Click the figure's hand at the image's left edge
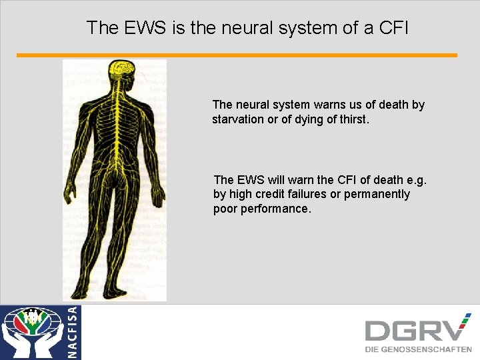pyautogui.click(x=69, y=194)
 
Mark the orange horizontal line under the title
pyautogui.click(x=237, y=55)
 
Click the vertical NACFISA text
pyautogui.click(x=72, y=332)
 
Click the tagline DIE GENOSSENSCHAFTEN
pyautogui.click(x=418, y=349)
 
